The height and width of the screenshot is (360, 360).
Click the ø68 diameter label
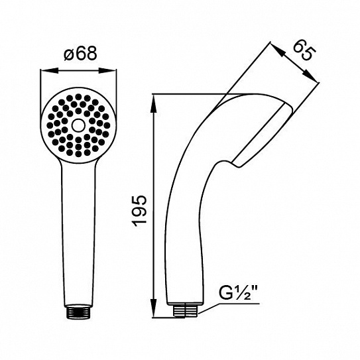coord(81,54)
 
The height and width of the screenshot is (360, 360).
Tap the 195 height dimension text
coord(140,211)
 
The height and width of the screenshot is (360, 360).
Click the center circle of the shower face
coord(78,125)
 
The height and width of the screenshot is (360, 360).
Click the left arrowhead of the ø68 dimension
coord(48,71)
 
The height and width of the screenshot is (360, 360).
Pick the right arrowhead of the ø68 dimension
coord(108,71)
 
